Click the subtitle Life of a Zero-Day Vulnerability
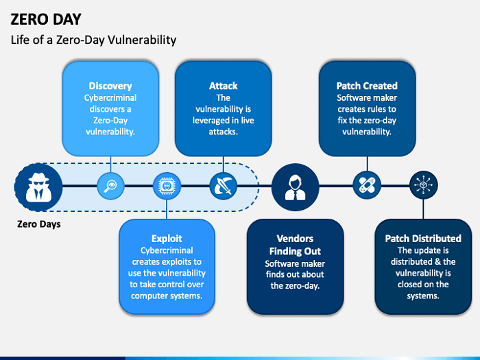click(x=93, y=40)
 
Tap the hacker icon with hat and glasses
click(x=38, y=185)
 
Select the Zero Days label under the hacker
click(x=38, y=224)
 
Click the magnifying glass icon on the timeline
click(x=110, y=185)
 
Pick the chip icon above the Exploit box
click(x=166, y=185)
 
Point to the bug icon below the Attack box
click(x=223, y=185)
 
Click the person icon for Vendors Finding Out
click(x=295, y=185)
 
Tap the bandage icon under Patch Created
click(x=367, y=185)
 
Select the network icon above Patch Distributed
click(x=423, y=185)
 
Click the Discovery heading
click(x=110, y=86)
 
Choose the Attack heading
click(x=223, y=86)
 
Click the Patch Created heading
click(x=367, y=86)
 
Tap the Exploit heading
click(x=167, y=239)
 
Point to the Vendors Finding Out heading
click(x=295, y=245)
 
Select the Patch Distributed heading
click(x=423, y=239)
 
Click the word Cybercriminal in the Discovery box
click(x=110, y=97)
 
